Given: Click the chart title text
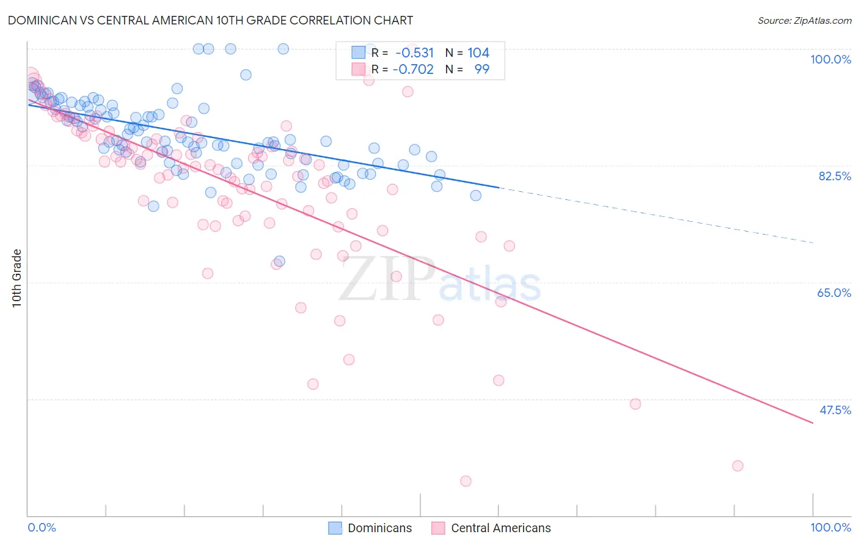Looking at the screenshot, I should (x=210, y=20).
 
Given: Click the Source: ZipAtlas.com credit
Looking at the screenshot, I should (x=804, y=20).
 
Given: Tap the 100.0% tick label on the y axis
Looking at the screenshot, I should (x=830, y=59).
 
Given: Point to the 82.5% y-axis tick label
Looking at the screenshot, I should (x=835, y=176).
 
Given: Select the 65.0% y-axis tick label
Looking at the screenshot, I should (x=834, y=293).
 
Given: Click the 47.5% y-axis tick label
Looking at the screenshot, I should (x=835, y=410).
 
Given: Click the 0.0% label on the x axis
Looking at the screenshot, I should (x=42, y=527).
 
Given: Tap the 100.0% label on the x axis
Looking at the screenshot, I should (x=830, y=527).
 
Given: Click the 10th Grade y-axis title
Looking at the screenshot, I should (x=17, y=278).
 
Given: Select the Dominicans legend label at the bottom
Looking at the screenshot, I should (x=379, y=528).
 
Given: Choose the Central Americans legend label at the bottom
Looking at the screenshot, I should (x=500, y=528).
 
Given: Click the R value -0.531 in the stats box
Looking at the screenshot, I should (x=414, y=53).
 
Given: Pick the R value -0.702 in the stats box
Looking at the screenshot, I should (x=413, y=69).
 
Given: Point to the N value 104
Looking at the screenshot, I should (x=478, y=53).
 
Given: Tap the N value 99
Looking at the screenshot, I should (x=481, y=69).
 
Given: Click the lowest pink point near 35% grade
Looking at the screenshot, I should (x=466, y=481).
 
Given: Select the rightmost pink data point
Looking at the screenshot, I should (x=737, y=466).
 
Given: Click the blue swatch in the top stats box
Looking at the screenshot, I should (x=359, y=53).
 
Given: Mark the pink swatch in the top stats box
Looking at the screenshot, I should (x=359, y=69).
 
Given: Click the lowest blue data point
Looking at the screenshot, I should (x=279, y=262).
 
